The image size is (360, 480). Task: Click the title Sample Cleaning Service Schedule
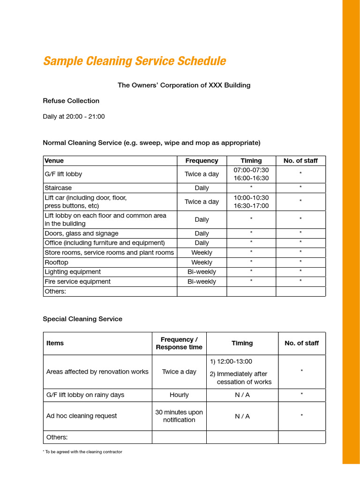(135, 61)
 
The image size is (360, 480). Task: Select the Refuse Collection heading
(71, 101)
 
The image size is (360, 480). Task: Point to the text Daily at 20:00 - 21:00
(74, 117)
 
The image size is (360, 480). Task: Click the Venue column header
(54, 161)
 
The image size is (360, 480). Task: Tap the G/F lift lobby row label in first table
(63, 174)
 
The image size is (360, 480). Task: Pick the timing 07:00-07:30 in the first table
(251, 170)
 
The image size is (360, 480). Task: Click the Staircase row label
(58, 188)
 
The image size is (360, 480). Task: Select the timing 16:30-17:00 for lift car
(251, 206)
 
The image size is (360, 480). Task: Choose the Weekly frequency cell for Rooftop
(202, 262)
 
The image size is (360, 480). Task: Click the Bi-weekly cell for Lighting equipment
(202, 272)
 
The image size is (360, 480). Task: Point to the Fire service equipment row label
(77, 282)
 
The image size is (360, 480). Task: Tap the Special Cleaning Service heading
(82, 319)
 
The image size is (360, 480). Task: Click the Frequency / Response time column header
(179, 343)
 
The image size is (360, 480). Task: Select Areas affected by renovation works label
(97, 372)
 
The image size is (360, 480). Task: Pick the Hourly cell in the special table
(179, 395)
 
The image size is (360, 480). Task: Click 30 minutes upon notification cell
(179, 416)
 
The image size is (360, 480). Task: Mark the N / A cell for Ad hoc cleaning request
(242, 416)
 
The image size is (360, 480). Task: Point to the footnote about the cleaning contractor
(82, 452)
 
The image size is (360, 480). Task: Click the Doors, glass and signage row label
(81, 233)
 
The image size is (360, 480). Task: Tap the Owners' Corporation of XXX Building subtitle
(184, 85)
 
